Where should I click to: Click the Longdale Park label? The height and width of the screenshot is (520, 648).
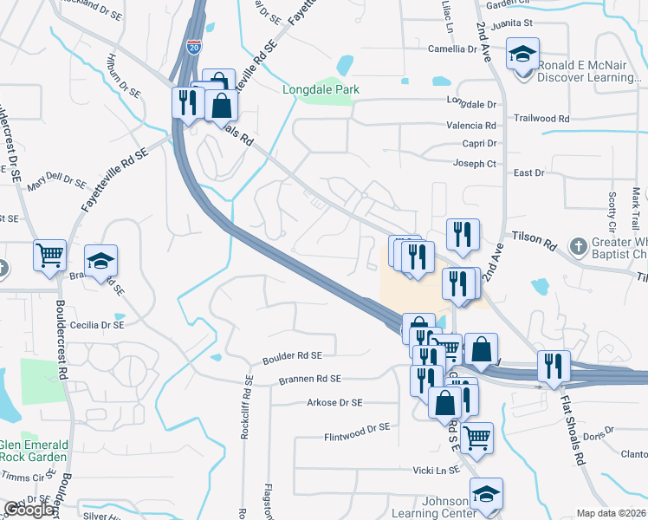tap(321, 89)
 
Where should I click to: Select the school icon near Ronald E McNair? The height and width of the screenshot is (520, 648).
tap(522, 55)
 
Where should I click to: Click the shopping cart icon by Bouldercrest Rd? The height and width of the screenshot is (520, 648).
tap(50, 255)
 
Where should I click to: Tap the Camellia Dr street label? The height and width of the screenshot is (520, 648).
tap(453, 49)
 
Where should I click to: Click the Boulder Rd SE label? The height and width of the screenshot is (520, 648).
tap(292, 355)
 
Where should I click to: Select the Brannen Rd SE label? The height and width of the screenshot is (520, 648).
tap(309, 379)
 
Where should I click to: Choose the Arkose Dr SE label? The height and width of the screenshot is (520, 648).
tap(334, 402)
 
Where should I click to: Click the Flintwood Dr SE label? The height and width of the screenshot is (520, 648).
tap(357, 427)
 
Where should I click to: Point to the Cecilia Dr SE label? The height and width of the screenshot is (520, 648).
tap(97, 324)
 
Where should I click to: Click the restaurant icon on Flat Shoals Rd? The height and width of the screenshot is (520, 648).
tap(552, 366)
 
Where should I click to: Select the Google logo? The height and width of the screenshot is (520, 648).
tap(29, 510)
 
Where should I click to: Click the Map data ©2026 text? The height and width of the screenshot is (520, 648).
tap(611, 513)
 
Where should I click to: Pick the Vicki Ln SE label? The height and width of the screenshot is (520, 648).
tap(435, 470)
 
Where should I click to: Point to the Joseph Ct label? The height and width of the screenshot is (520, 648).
tap(476, 163)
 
